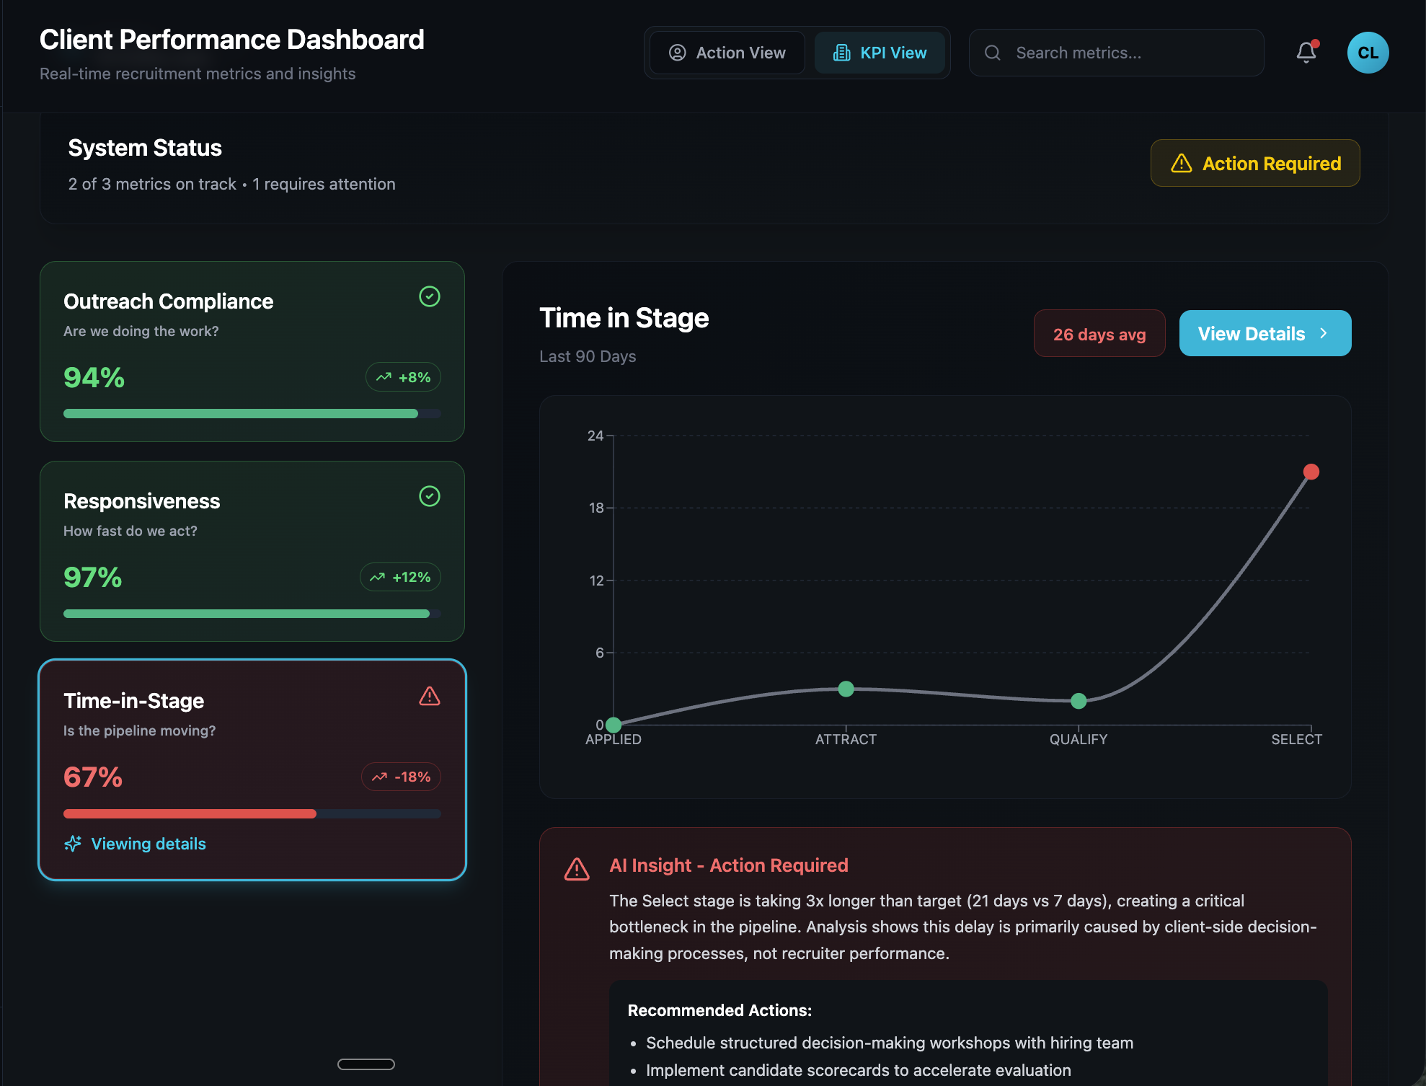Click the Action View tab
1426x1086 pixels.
[727, 53]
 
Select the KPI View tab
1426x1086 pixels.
[880, 53]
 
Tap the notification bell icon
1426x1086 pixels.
[1306, 53]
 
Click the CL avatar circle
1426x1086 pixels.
[1368, 53]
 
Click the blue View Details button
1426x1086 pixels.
[1265, 333]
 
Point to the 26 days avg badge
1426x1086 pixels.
[1099, 334]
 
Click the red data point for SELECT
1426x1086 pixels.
[1311, 472]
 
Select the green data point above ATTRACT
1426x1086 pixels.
[846, 689]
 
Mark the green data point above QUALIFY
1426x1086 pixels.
[1079, 700]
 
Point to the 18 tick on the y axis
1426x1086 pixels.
[596, 508]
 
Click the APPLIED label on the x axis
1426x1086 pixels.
[613, 739]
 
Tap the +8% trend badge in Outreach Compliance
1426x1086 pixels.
[403, 377]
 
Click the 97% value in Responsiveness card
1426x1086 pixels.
[93, 577]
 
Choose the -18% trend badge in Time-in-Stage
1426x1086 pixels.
[401, 777]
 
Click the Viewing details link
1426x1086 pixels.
[148, 844]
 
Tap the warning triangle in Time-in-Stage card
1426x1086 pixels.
[430, 696]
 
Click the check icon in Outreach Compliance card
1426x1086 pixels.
[430, 296]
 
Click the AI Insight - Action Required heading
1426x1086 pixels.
[728, 865]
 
